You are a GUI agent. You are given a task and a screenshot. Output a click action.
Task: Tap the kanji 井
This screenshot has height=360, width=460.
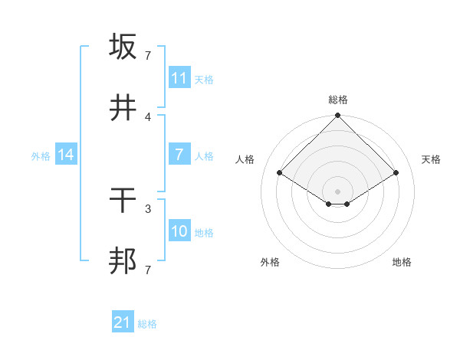(x=123, y=109)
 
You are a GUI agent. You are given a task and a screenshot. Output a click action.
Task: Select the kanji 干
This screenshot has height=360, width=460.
(x=123, y=201)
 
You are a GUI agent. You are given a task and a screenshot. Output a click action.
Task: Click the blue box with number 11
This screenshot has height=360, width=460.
(x=179, y=77)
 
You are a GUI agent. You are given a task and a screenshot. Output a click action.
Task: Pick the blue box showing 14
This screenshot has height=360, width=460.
(x=66, y=155)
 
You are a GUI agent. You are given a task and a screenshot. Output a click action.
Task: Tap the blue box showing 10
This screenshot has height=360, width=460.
(x=179, y=231)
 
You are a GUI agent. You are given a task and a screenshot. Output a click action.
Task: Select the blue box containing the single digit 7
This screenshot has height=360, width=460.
(x=179, y=155)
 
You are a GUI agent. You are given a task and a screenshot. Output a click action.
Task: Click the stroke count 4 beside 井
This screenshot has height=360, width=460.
(x=148, y=116)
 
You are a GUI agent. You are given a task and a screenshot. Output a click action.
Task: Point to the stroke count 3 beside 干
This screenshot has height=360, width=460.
(x=148, y=208)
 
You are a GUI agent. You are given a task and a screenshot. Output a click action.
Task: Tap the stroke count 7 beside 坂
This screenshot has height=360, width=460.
(x=148, y=55)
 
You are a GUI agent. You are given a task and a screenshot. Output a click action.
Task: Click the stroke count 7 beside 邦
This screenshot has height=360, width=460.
(x=148, y=270)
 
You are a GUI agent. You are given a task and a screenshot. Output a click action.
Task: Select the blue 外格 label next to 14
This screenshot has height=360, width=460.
(x=41, y=155)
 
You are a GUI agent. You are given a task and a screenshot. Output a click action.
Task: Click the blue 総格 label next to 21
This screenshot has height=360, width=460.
(x=147, y=324)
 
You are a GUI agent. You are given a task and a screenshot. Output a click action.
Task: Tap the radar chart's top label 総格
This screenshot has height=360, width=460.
(x=337, y=100)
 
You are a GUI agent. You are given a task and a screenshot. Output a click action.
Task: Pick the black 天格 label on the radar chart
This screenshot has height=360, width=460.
(x=431, y=159)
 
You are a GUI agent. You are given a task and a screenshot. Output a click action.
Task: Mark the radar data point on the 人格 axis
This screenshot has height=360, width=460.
(x=280, y=172)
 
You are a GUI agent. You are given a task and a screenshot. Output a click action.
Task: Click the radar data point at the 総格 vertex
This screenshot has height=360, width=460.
(x=337, y=116)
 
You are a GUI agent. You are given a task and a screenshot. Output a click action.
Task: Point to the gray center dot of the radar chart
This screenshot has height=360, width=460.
(x=337, y=191)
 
